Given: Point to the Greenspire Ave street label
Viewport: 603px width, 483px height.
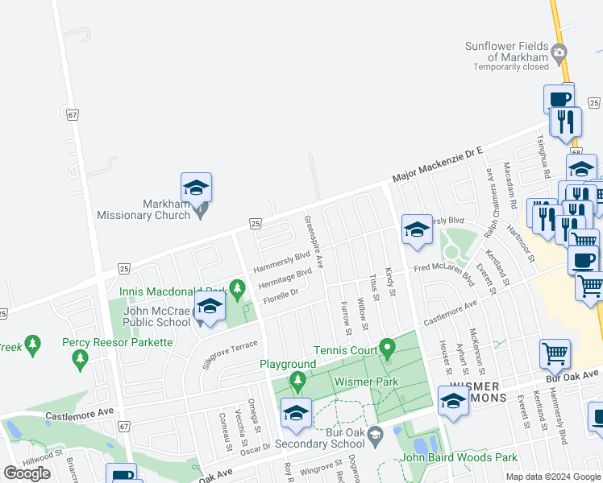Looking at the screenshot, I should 313,241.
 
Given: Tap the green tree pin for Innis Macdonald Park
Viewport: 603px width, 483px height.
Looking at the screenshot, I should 236,288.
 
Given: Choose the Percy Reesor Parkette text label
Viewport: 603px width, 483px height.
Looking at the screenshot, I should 118,342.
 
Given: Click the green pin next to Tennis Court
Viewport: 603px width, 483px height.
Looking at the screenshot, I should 387,349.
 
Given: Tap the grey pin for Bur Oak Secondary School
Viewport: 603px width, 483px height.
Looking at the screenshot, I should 375,437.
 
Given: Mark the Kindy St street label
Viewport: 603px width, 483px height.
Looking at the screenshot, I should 390,283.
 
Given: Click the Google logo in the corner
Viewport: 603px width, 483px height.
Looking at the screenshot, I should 27,473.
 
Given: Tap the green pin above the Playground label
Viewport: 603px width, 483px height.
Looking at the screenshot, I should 297,379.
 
